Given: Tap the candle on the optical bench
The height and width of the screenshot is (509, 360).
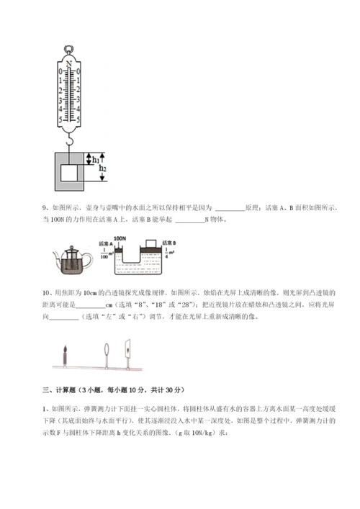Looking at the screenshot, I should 66,353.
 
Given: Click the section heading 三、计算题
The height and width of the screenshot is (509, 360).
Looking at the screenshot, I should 59,390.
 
